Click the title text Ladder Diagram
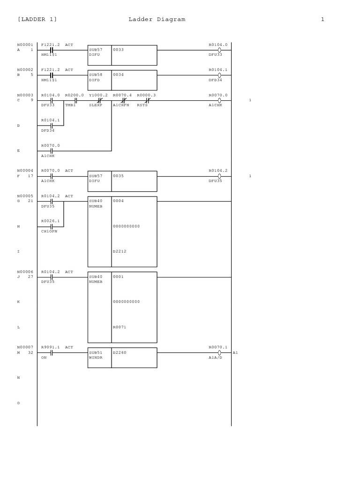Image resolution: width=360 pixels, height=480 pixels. (x=157, y=19)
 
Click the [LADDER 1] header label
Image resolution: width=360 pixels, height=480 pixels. (x=37, y=19)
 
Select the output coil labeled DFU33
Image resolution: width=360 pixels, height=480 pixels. (x=219, y=50)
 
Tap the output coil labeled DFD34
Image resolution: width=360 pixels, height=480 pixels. (x=219, y=75)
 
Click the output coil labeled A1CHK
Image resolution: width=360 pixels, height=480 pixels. (x=219, y=100)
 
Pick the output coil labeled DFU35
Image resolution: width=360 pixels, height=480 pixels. (x=219, y=176)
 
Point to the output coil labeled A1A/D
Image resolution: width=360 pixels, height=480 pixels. (x=219, y=353)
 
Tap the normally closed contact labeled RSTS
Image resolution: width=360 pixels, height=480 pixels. (x=147, y=100)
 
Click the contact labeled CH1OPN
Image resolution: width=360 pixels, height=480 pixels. (x=51, y=227)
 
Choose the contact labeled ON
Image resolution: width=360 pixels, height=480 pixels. (x=51, y=353)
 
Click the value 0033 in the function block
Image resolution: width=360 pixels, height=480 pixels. (x=118, y=49)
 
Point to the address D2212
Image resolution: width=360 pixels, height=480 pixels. (x=120, y=251)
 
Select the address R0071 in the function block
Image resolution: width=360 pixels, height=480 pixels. (x=120, y=327)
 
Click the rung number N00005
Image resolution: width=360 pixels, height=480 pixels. (x=25, y=196)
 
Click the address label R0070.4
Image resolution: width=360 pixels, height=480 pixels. (x=122, y=95)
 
